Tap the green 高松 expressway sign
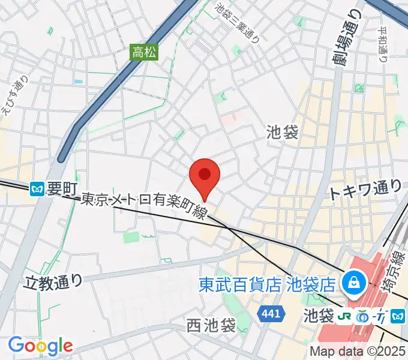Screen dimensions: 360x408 pyautogui.click(x=145, y=52)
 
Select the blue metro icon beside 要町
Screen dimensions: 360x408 pyautogui.click(x=37, y=190)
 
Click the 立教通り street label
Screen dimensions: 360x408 pyautogui.click(x=53, y=280)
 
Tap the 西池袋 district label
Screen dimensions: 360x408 pyautogui.click(x=210, y=326)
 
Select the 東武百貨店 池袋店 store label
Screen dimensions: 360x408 pyautogui.click(x=267, y=282)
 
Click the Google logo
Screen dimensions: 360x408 pyautogui.click(x=40, y=346)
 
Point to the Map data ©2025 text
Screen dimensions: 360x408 pyautogui.click(x=358, y=352)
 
